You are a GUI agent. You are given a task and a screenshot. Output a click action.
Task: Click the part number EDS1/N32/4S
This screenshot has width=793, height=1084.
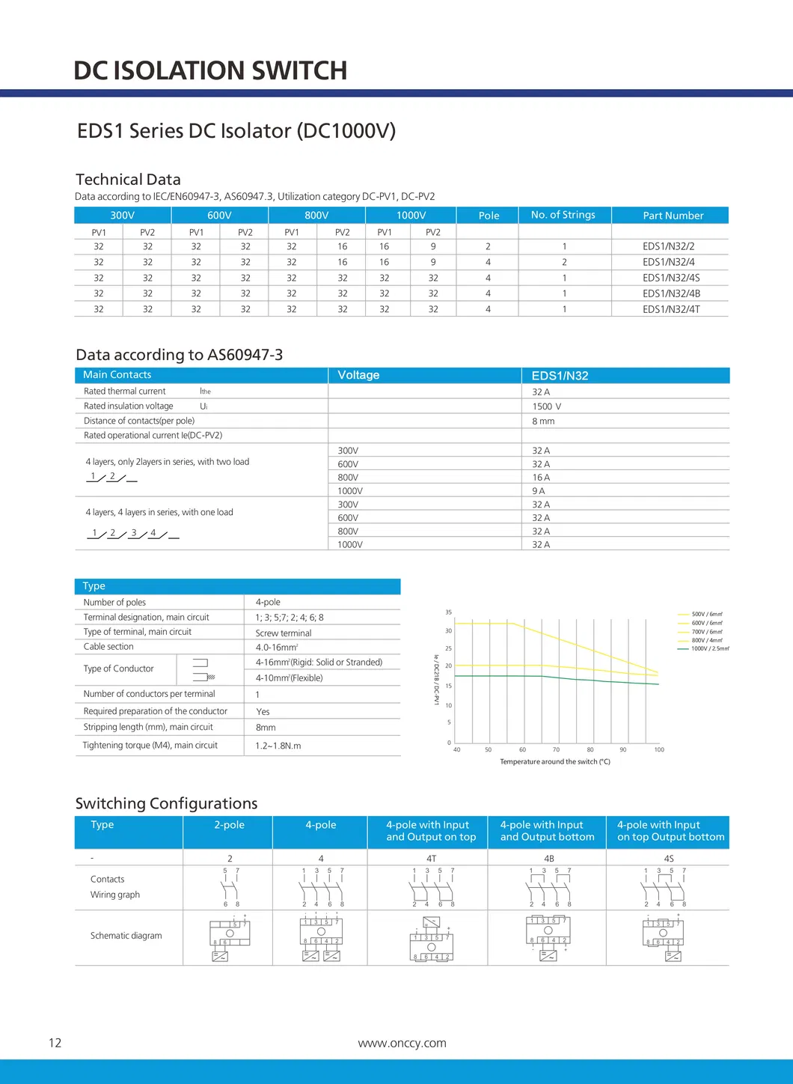pyautogui.click(x=670, y=278)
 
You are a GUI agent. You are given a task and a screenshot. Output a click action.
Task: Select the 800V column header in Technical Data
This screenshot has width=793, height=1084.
pyautogui.click(x=316, y=216)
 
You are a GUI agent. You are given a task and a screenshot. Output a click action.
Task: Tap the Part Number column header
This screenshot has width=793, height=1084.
pyautogui.click(x=673, y=216)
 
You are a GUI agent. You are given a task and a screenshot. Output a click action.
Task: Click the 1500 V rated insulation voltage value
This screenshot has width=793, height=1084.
pyautogui.click(x=546, y=406)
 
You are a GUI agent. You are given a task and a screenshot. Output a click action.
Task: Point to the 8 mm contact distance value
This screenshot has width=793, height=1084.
pyautogui.click(x=543, y=421)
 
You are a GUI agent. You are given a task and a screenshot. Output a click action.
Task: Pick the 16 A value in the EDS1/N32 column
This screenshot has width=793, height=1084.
pyautogui.click(x=541, y=478)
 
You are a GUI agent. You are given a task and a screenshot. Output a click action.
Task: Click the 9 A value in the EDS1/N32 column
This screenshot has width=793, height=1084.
pyautogui.click(x=539, y=491)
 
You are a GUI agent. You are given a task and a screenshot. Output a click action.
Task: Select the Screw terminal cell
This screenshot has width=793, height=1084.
pyautogui.click(x=284, y=633)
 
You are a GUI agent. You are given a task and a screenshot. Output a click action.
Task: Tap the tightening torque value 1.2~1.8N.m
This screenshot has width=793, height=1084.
pyautogui.click(x=278, y=746)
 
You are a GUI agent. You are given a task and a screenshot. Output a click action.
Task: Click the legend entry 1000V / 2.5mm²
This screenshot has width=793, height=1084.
pyautogui.click(x=709, y=649)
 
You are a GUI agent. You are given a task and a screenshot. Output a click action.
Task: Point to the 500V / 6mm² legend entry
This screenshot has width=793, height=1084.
pyautogui.click(x=706, y=615)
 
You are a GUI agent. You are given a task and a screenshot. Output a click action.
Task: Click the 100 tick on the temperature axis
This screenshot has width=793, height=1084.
pyautogui.click(x=659, y=749)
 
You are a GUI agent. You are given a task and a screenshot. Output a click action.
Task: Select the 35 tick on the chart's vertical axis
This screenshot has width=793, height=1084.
pyautogui.click(x=449, y=612)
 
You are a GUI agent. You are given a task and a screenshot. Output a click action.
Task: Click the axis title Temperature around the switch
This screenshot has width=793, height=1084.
pyautogui.click(x=554, y=762)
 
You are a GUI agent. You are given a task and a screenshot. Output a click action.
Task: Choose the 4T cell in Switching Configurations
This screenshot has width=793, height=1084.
pyautogui.click(x=431, y=859)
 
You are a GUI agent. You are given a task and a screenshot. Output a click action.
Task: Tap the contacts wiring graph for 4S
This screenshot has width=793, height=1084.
pyautogui.click(x=664, y=888)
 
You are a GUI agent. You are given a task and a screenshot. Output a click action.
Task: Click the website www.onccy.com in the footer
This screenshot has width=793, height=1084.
pyautogui.click(x=402, y=1044)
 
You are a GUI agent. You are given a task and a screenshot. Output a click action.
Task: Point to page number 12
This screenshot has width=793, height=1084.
pyautogui.click(x=55, y=1044)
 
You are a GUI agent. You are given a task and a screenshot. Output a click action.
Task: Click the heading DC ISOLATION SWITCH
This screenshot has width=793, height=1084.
pyautogui.click(x=210, y=71)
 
